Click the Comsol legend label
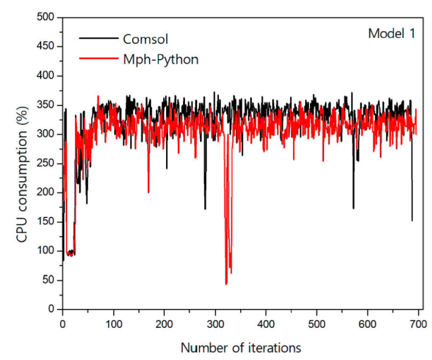coord(146,39)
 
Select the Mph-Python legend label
coord(161,59)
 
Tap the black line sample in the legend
coord(99,38)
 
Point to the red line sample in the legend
coord(99,58)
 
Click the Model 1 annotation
coord(392,33)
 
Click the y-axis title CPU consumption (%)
coord(22,175)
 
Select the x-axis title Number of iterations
coord(241,348)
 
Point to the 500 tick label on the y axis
coord(46,17)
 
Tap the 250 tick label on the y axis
coord(46,163)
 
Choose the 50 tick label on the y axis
coord(49,280)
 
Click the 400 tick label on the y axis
coord(46,76)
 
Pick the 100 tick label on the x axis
coord(113,324)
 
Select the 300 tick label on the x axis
coord(215,324)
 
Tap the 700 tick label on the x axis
coord(419,324)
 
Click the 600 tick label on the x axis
coord(367,324)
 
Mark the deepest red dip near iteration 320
coord(226,284)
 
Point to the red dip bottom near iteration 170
coord(148,192)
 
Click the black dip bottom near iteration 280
coord(205,209)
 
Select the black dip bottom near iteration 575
coord(353,208)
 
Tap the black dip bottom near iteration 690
coord(412,220)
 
